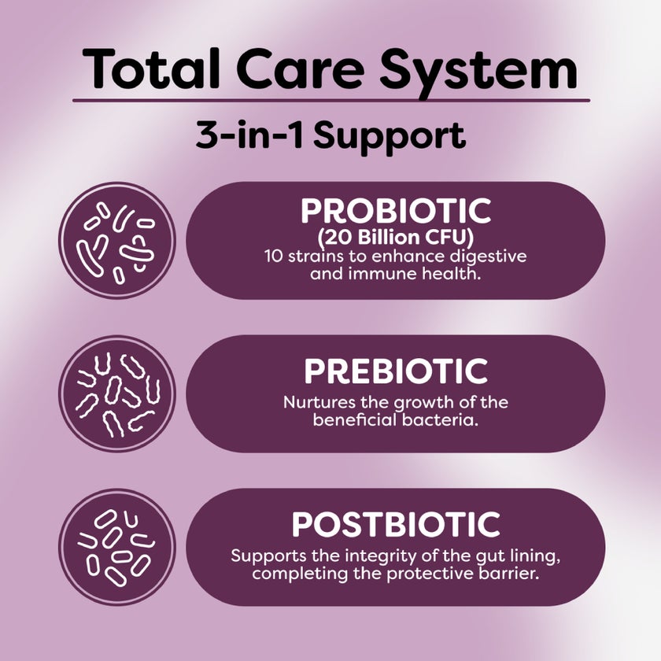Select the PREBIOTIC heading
[396, 371]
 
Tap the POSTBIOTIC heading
[396, 524]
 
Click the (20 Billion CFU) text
[396, 238]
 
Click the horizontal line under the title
[330, 101]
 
